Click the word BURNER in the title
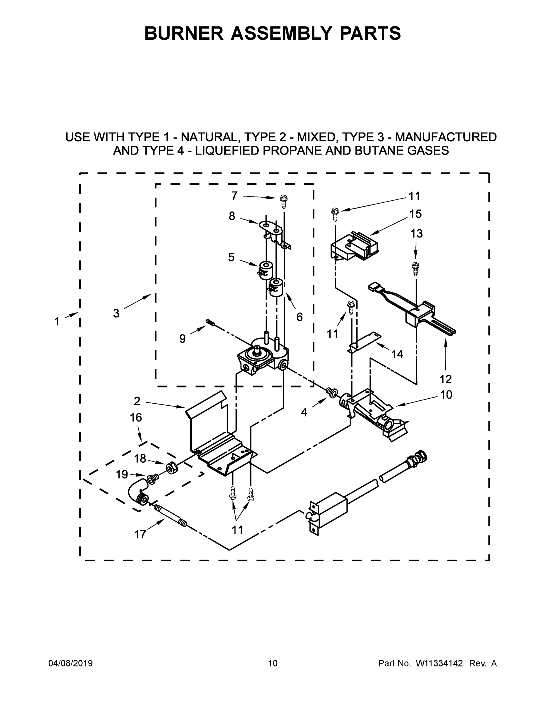coord(183,33)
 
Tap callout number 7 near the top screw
coord(234,196)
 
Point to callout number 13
coord(417,234)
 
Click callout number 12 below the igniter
coord(446,379)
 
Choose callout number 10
coord(446,395)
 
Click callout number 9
coord(182,339)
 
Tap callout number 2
coord(137,401)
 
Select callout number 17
coord(140,535)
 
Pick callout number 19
coord(122,474)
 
